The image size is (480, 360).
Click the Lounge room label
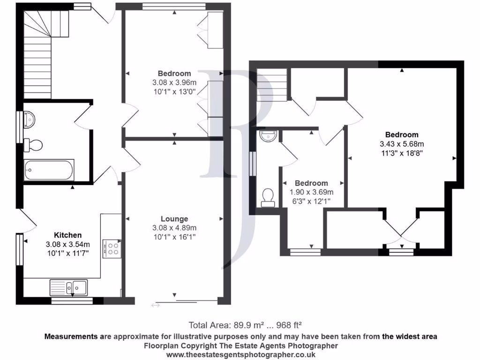click(174, 219)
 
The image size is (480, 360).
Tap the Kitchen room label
click(68, 235)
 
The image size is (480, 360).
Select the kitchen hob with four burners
click(113, 247)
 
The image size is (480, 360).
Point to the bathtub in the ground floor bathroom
click(49, 170)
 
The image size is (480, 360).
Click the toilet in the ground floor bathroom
click(33, 145)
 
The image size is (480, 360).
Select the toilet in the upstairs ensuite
click(268, 197)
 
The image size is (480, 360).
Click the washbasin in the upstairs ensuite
click(268, 136)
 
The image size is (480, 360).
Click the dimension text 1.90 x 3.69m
click(311, 192)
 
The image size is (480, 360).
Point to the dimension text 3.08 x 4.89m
click(174, 228)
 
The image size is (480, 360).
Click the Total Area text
click(245, 324)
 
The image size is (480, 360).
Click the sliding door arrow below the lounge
click(156, 306)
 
